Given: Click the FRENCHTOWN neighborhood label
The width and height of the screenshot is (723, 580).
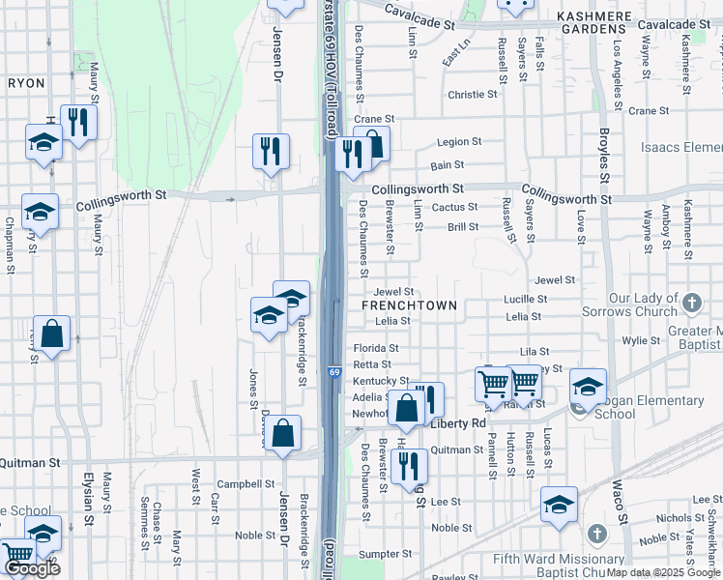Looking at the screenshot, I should tap(408, 305).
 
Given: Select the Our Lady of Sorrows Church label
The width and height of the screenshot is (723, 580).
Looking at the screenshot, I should tap(629, 305).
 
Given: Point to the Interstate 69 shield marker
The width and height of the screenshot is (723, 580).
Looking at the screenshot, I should tap(333, 372).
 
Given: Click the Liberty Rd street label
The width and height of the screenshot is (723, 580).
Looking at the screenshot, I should tap(458, 423).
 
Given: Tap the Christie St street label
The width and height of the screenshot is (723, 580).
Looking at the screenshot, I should tap(472, 95).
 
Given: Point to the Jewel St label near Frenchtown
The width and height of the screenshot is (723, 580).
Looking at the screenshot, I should tap(394, 291).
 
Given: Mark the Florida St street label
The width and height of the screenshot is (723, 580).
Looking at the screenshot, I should tap(376, 348).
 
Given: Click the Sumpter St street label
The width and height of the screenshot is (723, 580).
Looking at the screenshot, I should tap(386, 554).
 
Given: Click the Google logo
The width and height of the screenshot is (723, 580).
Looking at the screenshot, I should tap(32, 569).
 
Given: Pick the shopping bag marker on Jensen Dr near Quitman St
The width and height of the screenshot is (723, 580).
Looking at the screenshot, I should tap(283, 434).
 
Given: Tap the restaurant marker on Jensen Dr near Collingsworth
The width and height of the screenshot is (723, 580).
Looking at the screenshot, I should tap(271, 151).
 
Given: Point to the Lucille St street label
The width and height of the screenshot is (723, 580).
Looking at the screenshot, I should tap(525, 300).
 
